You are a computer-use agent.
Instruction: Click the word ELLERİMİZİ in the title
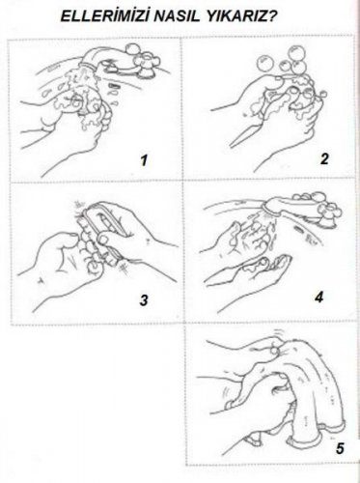(x=105, y=16)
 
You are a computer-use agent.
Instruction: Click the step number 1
(x=144, y=160)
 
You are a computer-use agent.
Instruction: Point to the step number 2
(x=324, y=158)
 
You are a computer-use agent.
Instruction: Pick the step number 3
(x=144, y=300)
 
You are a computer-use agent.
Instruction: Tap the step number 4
(x=318, y=297)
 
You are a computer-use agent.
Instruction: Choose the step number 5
(x=340, y=448)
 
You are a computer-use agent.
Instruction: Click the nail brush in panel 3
(x=102, y=235)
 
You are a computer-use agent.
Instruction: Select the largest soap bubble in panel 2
(x=294, y=52)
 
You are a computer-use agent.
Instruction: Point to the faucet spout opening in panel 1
(x=88, y=66)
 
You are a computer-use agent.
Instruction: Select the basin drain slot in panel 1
(x=114, y=86)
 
